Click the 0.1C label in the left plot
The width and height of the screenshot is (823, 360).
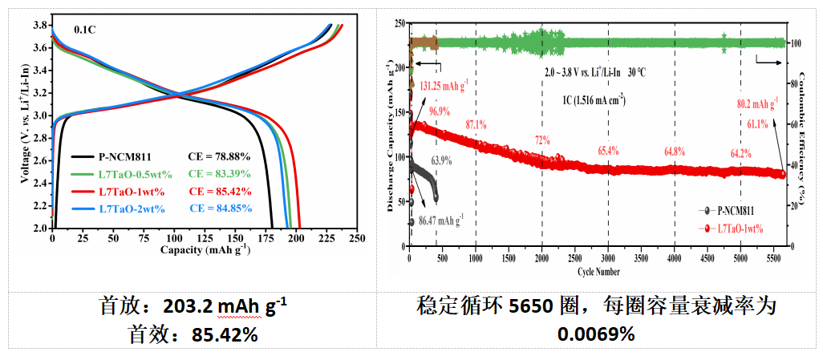(86, 30)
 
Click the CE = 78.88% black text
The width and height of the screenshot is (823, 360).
(219, 156)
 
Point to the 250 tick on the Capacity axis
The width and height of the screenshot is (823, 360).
(357, 238)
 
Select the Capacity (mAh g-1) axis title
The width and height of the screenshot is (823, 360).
(205, 249)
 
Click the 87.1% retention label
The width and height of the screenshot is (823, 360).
(476, 125)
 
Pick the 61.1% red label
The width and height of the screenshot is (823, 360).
(757, 124)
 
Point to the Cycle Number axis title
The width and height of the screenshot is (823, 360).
(598, 270)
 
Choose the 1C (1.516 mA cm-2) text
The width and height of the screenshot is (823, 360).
(594, 100)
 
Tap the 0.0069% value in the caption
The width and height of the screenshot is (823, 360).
(597, 334)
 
